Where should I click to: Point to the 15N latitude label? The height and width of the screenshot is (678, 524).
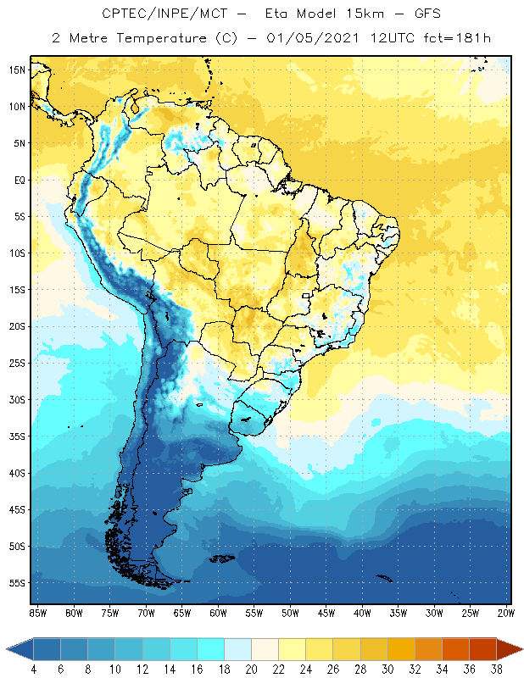[x=17, y=70]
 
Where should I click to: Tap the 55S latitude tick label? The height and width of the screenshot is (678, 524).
[x=17, y=583]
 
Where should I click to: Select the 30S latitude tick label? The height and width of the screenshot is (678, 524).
[x=17, y=399]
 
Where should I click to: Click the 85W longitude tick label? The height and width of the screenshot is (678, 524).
[x=37, y=612]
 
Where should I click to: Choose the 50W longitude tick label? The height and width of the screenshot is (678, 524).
[x=291, y=612]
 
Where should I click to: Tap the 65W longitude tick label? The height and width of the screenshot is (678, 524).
[x=182, y=612]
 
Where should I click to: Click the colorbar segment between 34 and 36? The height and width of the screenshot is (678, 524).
[x=454, y=649]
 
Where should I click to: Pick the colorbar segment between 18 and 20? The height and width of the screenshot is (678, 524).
[x=237, y=649]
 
